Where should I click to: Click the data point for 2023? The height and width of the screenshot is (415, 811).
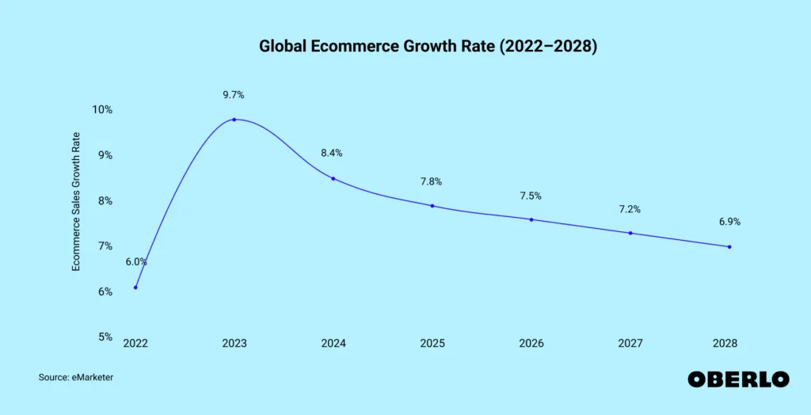click(x=234, y=120)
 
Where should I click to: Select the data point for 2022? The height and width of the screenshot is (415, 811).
click(x=135, y=287)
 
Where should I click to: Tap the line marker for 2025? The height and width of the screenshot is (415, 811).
click(x=432, y=206)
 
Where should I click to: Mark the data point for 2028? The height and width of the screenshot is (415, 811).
click(x=729, y=247)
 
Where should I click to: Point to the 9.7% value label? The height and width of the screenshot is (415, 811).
click(x=234, y=95)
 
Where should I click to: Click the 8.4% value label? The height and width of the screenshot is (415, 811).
click(x=332, y=153)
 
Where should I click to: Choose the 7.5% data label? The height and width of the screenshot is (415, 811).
click(x=530, y=196)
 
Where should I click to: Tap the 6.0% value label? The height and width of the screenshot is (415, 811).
click(x=136, y=262)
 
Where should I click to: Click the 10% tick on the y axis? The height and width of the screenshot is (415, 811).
click(x=102, y=110)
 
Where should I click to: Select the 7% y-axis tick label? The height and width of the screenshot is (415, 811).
click(x=105, y=246)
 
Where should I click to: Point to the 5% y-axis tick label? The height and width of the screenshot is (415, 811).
click(x=105, y=337)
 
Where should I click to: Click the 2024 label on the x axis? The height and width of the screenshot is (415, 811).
click(x=333, y=344)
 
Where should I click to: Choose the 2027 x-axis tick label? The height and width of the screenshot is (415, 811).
click(x=630, y=344)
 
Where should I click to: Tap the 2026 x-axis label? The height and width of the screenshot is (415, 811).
click(x=531, y=344)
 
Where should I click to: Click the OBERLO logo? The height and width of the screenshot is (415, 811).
click(x=738, y=379)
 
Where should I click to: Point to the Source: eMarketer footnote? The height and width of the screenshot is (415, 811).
click(x=76, y=378)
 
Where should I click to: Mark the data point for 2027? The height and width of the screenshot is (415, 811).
click(x=630, y=233)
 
